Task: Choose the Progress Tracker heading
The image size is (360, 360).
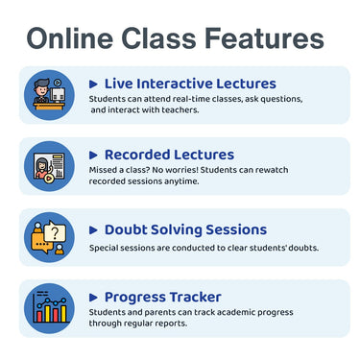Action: (162, 297)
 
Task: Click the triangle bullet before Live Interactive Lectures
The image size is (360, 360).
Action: (93, 84)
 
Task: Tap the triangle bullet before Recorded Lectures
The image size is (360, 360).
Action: (93, 155)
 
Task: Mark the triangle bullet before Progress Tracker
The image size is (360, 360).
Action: (93, 297)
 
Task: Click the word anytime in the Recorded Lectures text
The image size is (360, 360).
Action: (180, 181)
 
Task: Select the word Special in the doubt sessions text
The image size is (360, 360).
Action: (105, 248)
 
